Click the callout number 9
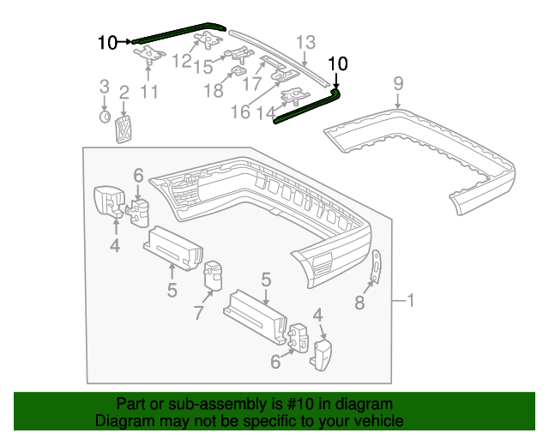pyautogui.click(x=398, y=83)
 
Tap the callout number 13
pyautogui.click(x=305, y=42)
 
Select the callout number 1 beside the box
pyautogui.click(x=410, y=300)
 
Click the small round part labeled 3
pyautogui.click(x=105, y=117)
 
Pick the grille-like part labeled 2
pyautogui.click(x=124, y=129)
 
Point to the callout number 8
pyautogui.click(x=359, y=303)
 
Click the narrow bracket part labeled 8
pyautogui.click(x=376, y=266)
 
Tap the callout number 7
pyautogui.click(x=198, y=312)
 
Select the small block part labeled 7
pyautogui.click(x=213, y=275)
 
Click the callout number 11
pyautogui.click(x=149, y=92)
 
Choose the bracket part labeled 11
pyautogui.click(x=149, y=55)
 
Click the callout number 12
pyautogui.click(x=182, y=61)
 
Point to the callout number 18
pyautogui.click(x=214, y=90)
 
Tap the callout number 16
pyautogui.click(x=240, y=112)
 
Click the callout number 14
pyautogui.click(x=267, y=112)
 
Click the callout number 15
pyautogui.click(x=203, y=67)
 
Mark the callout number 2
pyautogui.click(x=124, y=93)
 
